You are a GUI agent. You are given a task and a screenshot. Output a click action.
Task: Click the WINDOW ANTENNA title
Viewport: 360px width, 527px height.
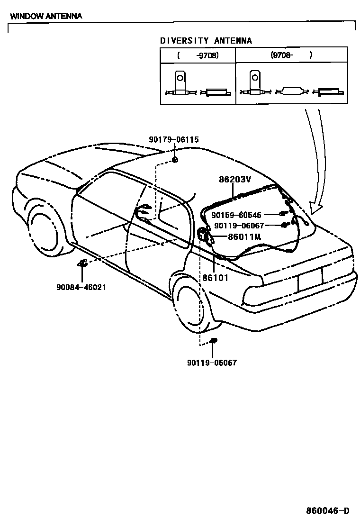coord(46,16)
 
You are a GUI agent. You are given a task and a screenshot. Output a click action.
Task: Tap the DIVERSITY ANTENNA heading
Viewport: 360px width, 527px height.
coord(206,41)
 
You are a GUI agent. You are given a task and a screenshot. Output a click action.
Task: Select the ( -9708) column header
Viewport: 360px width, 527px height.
coord(198,55)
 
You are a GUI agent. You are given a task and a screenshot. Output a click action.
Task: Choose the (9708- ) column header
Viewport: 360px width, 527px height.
coord(291,55)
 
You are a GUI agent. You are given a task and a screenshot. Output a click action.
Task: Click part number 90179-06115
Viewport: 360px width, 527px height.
coord(174,140)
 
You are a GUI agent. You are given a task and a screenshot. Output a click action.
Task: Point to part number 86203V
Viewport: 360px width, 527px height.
coord(234,180)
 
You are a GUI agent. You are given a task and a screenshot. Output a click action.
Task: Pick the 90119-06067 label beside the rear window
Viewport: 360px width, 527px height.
coord(245,226)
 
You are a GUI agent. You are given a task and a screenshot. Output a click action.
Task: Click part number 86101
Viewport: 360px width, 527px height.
coord(216,278)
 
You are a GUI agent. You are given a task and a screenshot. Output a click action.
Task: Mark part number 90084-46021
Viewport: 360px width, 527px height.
coord(81,287)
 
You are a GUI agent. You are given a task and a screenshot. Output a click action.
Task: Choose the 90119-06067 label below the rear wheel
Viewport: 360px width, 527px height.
coord(212,363)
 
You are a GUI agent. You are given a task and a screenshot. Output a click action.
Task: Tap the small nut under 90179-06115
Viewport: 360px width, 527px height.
coord(175,160)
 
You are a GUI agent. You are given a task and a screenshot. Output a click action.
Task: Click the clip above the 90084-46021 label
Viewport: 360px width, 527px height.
coord(82,263)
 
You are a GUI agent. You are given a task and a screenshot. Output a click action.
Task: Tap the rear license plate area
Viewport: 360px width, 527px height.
coord(310,280)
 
